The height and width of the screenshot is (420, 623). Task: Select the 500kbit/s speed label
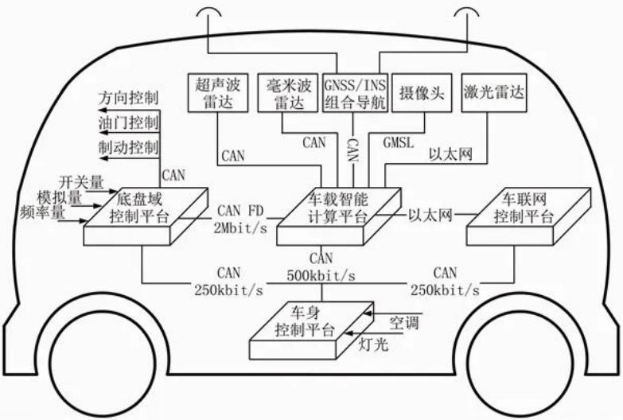[321, 274]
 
